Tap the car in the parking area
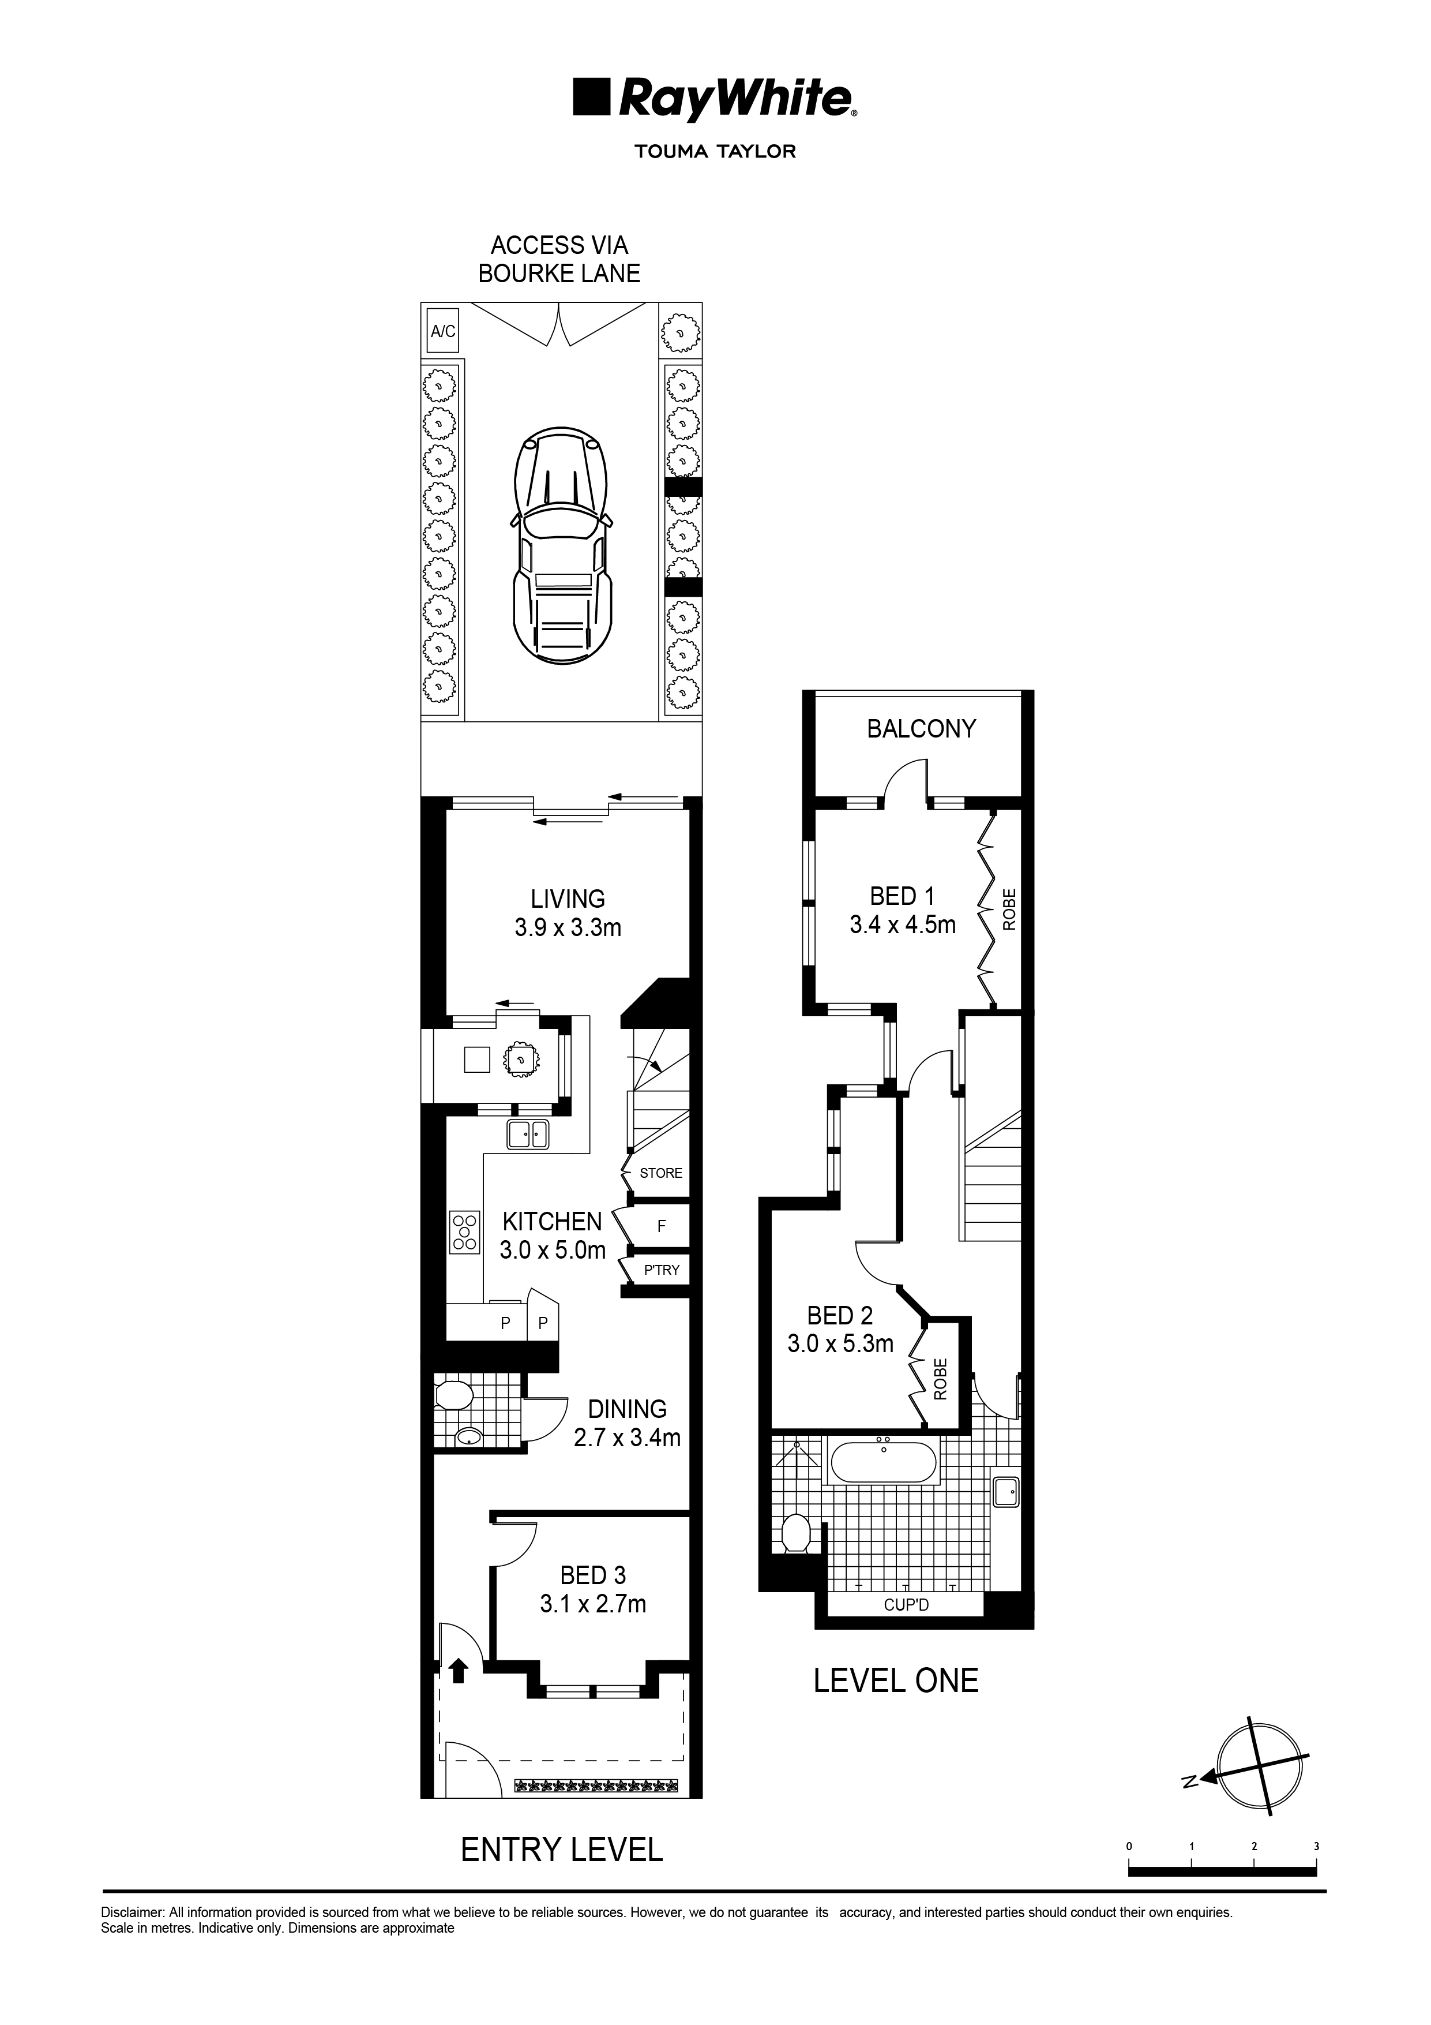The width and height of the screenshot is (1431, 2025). (x=561, y=552)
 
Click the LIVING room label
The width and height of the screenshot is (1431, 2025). (x=568, y=899)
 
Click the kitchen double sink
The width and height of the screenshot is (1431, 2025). (x=528, y=1134)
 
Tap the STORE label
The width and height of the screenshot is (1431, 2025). (x=661, y=1173)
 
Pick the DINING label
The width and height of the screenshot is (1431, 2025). (x=627, y=1409)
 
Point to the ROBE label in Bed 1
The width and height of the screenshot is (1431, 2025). (x=1009, y=909)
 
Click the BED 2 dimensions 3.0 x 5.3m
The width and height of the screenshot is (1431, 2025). (x=840, y=1344)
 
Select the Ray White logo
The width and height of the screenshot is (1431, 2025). (x=714, y=98)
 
